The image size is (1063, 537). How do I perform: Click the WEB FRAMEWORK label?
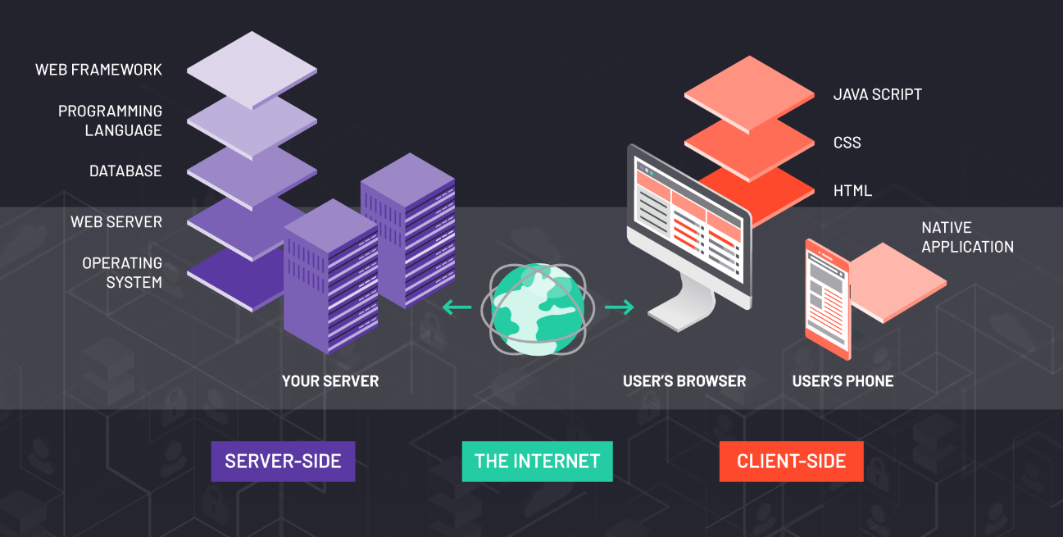click(x=98, y=70)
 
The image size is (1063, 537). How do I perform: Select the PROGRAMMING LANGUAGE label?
click(x=110, y=121)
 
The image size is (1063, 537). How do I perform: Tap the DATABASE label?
click(x=125, y=171)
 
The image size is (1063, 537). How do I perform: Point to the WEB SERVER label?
click(x=116, y=222)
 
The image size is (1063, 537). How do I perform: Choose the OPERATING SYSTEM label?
click(x=122, y=273)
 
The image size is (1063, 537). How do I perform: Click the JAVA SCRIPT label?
click(x=877, y=94)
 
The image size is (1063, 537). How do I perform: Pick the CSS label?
click(x=847, y=143)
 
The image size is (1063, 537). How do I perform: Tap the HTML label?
click(x=852, y=191)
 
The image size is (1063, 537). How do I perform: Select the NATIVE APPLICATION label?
click(x=967, y=237)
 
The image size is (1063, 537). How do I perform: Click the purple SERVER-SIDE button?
click(x=283, y=461)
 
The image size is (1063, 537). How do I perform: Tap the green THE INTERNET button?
click(x=537, y=461)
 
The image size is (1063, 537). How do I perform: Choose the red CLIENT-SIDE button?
click(x=791, y=461)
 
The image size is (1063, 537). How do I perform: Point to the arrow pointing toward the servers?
click(x=457, y=307)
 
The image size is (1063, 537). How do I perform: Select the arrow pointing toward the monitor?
click(x=620, y=307)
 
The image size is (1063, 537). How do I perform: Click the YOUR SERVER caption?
click(x=330, y=381)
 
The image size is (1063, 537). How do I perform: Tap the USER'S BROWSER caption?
click(x=684, y=381)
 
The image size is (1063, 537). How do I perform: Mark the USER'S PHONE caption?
click(x=843, y=381)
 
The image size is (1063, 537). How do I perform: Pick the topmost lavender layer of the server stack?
click(x=252, y=69)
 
